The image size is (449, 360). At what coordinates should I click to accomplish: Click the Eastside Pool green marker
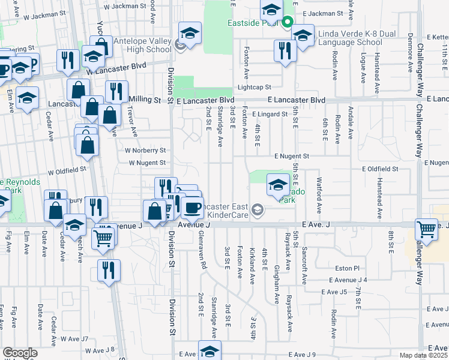pyautogui.click(x=288, y=23)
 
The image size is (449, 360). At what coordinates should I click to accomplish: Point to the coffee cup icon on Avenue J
pyautogui.click(x=192, y=207)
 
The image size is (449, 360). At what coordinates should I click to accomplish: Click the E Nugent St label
pyautogui.click(x=291, y=156)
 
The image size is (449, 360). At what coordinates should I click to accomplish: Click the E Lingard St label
pyautogui.click(x=270, y=113)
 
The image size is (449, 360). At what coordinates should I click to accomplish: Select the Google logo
pyautogui.click(x=20, y=353)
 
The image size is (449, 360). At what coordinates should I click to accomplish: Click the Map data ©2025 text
pyautogui.click(x=424, y=356)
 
